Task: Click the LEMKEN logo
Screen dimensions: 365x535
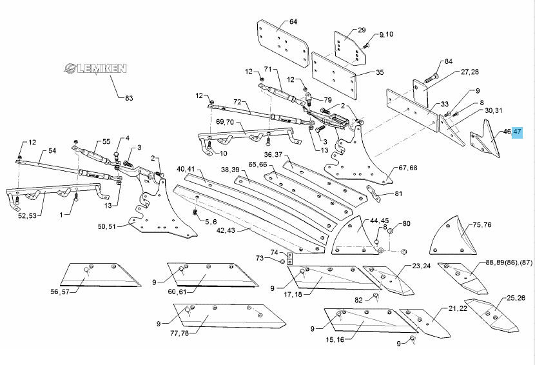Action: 95,68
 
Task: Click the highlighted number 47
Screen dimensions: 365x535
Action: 518,132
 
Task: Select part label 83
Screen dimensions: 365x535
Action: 128,97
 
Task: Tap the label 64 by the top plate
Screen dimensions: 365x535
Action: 293,22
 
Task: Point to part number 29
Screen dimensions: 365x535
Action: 362,30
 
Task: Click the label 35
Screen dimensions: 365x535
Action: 379,72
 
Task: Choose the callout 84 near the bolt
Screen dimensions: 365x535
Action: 449,62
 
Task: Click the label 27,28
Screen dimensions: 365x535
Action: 469,72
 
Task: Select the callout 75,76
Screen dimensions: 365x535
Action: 483,225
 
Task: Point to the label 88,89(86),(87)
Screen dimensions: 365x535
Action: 510,262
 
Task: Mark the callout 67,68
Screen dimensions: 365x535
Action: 408,168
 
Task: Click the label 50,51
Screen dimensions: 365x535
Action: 106,227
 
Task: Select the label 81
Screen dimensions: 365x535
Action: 398,193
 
